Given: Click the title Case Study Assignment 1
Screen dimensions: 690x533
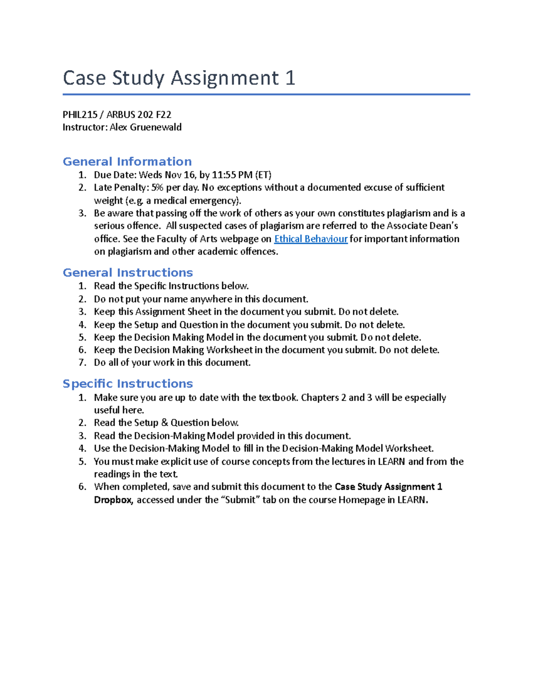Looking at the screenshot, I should click(179, 78).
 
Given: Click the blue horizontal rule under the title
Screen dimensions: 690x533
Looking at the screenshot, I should click(266, 94).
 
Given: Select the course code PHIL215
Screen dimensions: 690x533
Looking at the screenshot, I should click(80, 115).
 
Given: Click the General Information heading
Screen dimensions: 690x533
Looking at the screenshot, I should click(127, 161).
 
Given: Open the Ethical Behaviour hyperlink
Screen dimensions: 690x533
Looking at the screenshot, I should click(310, 239).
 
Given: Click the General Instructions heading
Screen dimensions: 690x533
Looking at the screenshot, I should click(127, 272).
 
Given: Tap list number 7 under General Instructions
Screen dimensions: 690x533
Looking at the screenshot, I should click(82, 363).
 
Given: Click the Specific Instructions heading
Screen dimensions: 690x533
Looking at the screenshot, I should click(127, 383).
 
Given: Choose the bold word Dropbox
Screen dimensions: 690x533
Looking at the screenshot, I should click(113, 500).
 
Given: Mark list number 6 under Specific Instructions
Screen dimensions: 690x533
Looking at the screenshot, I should click(82, 487).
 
